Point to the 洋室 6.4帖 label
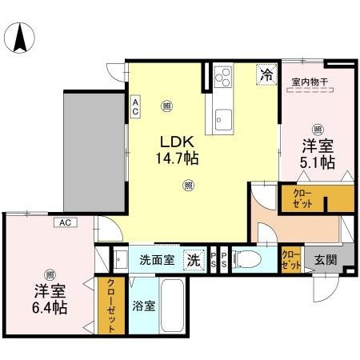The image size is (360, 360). click(50, 298)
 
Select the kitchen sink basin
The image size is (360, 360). click(220, 121)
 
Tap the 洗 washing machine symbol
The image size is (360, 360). click(194, 259)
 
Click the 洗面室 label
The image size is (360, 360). click(157, 259)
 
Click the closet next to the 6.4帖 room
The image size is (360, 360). click(108, 306)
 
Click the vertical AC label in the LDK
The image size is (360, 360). click(135, 106)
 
